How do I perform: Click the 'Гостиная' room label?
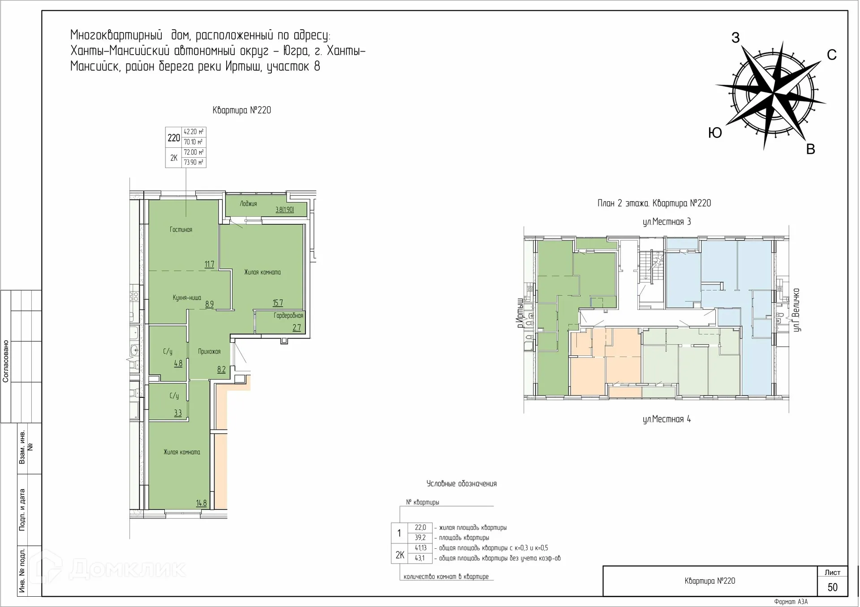(181, 230)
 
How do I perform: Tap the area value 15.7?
(278, 303)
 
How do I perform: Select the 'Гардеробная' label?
(288, 316)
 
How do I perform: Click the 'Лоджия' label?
(248, 204)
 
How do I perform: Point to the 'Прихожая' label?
(209, 352)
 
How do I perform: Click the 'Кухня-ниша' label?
(187, 298)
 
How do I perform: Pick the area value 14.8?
(202, 503)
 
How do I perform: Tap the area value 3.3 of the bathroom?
(178, 413)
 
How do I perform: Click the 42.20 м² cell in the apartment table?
(193, 132)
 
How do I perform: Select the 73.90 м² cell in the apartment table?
(193, 162)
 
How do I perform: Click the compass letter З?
(735, 38)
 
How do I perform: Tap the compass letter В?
(810, 150)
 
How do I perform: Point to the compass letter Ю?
(715, 133)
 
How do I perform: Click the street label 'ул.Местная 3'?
(666, 222)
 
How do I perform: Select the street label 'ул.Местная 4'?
(666, 419)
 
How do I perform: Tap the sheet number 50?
(832, 587)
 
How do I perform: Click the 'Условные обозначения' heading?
(461, 484)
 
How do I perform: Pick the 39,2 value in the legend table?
(420, 538)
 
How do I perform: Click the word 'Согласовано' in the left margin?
(6, 361)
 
